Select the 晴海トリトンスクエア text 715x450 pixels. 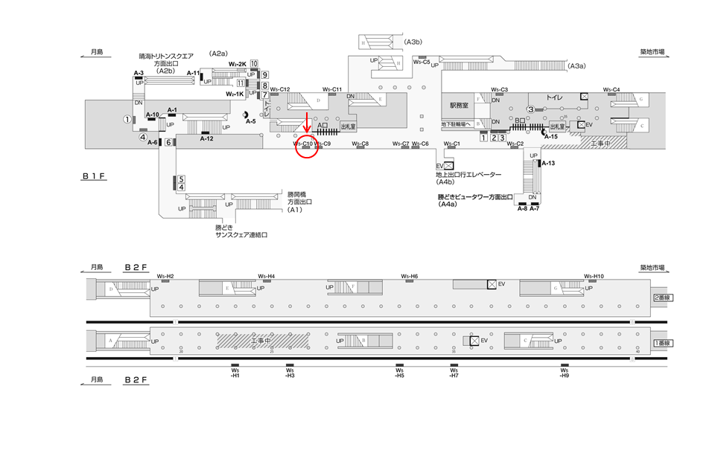[x=165, y=56]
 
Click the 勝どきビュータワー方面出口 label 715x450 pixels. [x=476, y=197]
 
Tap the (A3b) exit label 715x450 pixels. [x=414, y=42]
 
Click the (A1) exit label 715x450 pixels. [x=296, y=210]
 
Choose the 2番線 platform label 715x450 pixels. [x=661, y=297]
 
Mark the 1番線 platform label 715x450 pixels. [x=661, y=343]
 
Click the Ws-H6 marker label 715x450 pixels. [x=410, y=276]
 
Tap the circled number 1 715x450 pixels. [x=127, y=119]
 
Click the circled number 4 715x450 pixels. [x=142, y=137]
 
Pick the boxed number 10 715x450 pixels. [x=254, y=64]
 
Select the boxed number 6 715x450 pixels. [x=169, y=143]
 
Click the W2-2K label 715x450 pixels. [x=237, y=65]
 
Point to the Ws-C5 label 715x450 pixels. [x=422, y=62]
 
